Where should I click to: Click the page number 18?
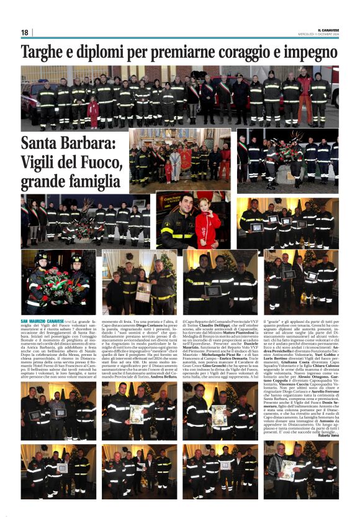coord(24,32)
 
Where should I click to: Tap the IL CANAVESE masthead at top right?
coord(327,30)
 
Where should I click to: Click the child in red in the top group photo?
coord(93,112)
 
